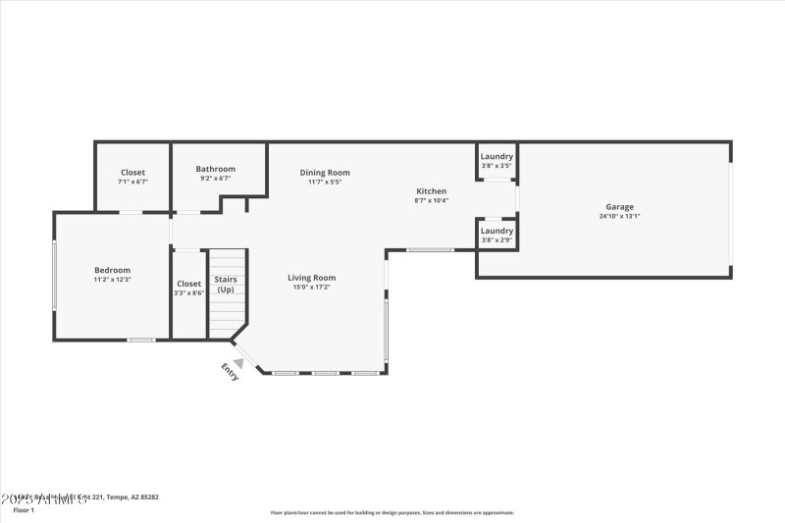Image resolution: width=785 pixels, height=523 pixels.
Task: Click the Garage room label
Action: pos(619,207)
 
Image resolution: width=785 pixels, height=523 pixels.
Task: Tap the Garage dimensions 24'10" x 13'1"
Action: pos(619,216)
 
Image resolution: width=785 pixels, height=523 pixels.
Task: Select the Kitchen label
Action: pos(431,191)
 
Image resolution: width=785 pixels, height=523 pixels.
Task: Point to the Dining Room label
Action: pos(325,173)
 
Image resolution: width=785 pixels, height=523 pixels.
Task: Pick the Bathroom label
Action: pos(215,169)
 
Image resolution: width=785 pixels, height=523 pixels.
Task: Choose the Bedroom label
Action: pos(112,270)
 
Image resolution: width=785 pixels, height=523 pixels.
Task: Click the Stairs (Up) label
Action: pos(226,285)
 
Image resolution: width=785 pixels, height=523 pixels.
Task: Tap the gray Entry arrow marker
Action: pos(237,362)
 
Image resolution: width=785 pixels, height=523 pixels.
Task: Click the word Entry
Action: pos(230,372)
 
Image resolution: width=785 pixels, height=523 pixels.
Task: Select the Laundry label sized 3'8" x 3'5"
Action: pos(497,157)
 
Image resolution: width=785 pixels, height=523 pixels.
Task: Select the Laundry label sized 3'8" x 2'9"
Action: pos(497,232)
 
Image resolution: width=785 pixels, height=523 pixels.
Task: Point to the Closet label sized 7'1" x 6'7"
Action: pos(132,173)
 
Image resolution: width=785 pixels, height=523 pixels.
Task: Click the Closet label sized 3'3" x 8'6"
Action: pos(188,284)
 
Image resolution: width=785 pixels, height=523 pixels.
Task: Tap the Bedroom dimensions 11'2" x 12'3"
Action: pos(112,280)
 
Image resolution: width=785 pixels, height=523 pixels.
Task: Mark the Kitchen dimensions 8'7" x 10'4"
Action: pos(431,200)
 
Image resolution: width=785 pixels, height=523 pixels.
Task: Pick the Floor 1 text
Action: pos(24,510)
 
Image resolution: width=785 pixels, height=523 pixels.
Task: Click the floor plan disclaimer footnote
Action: pos(392,512)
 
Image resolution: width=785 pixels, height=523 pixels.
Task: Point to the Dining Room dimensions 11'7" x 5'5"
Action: pos(325,182)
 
